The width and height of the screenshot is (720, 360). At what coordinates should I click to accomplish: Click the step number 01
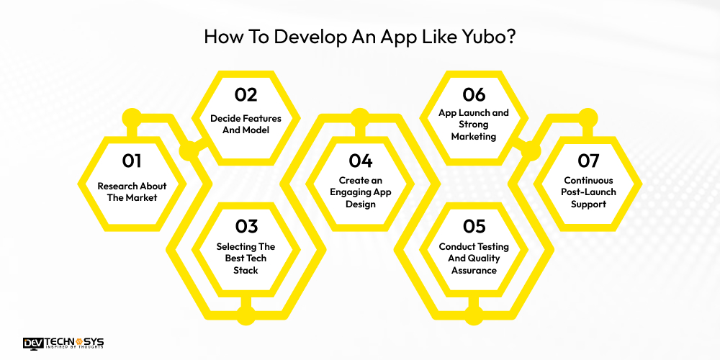(x=132, y=161)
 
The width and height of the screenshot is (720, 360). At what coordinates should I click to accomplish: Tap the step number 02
(x=246, y=94)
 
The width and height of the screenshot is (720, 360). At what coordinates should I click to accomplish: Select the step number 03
(x=246, y=226)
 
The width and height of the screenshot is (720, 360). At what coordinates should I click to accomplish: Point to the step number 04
(x=360, y=161)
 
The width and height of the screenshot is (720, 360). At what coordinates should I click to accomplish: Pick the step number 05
(x=474, y=226)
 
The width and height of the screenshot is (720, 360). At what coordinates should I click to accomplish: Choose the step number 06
(x=474, y=94)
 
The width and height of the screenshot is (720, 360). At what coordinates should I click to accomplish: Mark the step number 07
(x=588, y=161)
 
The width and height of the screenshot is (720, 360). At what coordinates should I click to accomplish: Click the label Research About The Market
(x=132, y=192)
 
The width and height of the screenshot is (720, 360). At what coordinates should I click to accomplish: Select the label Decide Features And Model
(x=246, y=124)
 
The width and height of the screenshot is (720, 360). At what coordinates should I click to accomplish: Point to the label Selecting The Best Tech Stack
(x=246, y=258)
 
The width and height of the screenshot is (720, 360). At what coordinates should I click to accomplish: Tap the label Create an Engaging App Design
(x=360, y=192)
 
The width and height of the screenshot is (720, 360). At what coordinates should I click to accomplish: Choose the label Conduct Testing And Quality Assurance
(x=474, y=258)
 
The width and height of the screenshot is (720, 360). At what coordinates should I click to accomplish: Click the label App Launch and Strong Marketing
(x=474, y=124)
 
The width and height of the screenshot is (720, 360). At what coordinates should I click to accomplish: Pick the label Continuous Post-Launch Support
(x=588, y=192)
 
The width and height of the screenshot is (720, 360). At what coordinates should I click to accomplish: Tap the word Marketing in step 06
(x=474, y=135)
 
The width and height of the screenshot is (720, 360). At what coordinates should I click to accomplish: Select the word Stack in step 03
(x=246, y=270)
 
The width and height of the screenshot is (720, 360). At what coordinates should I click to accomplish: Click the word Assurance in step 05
(x=474, y=270)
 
